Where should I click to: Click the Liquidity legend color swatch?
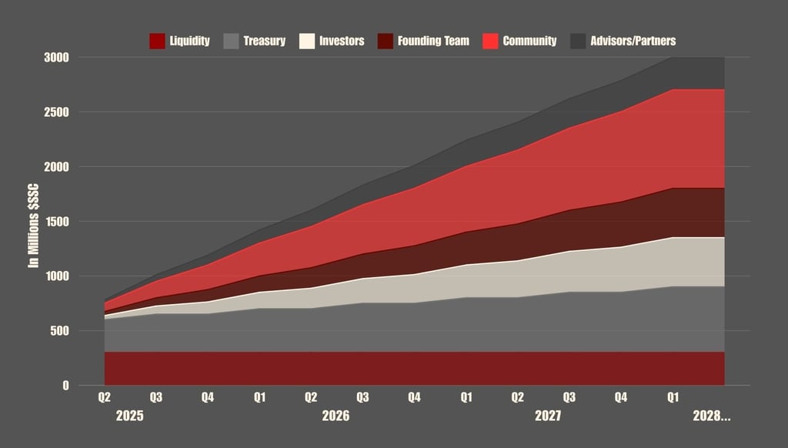(x=157, y=41)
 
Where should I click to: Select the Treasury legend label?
(x=264, y=41)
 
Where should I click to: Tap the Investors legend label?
(x=342, y=41)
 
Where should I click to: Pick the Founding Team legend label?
(x=433, y=41)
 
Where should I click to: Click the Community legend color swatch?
(x=489, y=41)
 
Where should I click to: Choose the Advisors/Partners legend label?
(x=633, y=41)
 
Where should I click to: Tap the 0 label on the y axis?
(x=65, y=386)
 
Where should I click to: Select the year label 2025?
(x=130, y=416)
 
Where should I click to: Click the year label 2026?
(x=336, y=416)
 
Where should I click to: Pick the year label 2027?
(x=547, y=416)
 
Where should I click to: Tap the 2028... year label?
(x=712, y=416)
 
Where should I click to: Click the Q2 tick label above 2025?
(x=104, y=398)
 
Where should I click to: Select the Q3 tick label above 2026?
(x=362, y=398)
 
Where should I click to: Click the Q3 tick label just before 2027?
(x=569, y=398)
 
